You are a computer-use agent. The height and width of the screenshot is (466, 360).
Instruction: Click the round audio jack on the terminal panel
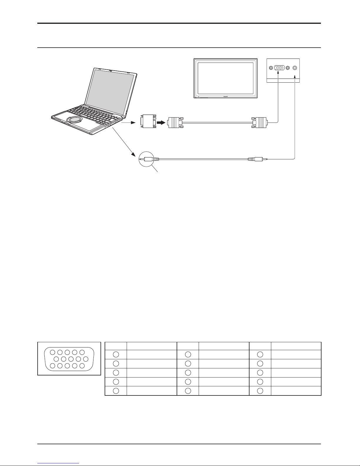tap(295, 68)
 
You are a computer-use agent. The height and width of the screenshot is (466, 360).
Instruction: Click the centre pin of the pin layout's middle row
tap(71, 359)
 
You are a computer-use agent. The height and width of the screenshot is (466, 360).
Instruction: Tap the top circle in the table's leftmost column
tap(116, 355)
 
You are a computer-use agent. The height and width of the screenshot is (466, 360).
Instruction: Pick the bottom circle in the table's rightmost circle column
tap(260, 391)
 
